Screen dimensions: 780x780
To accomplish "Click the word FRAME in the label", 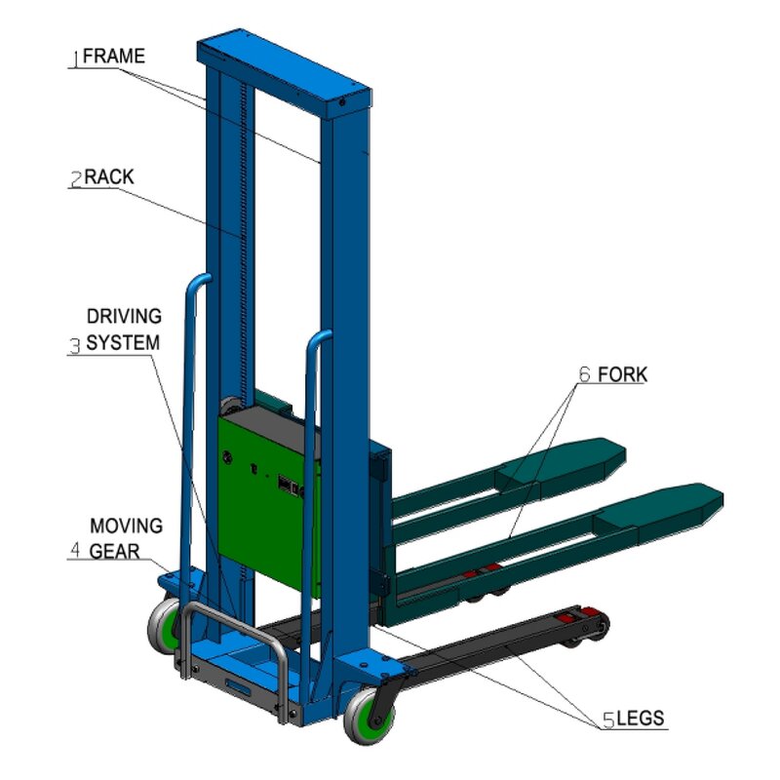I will pos(114,57).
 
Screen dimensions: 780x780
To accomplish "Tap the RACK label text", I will pos(109,177).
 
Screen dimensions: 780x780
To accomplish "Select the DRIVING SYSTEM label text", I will pos(124,330).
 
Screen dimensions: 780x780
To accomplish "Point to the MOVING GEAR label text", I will pos(126,538).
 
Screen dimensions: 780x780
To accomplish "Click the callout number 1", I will pos(74,59).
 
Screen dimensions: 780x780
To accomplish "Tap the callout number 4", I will pos(75,551).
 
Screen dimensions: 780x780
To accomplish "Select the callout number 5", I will pos(607,721).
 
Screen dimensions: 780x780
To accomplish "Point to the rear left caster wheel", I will pos(163,627).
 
